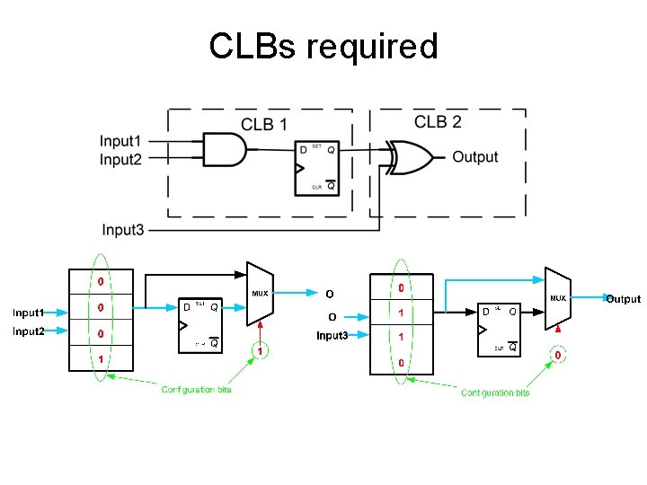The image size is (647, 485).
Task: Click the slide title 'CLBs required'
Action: click(323, 46)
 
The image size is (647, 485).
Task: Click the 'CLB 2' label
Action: click(438, 121)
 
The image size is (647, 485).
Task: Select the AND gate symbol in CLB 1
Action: click(225, 149)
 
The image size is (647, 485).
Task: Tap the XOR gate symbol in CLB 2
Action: click(411, 156)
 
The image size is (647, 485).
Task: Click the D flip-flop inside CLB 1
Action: click(317, 168)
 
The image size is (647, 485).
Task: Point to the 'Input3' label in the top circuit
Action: click(123, 230)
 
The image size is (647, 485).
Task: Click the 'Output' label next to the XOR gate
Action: click(474, 157)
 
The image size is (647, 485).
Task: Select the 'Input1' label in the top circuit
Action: click(120, 141)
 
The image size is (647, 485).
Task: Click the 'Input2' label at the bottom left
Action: click(28, 331)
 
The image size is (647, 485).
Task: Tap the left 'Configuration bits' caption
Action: click(196, 389)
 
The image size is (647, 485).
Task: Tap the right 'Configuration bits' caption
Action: click(495, 392)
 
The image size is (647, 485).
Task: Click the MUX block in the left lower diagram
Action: click(260, 293)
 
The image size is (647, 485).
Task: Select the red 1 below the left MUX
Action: click(260, 351)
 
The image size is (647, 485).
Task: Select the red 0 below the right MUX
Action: click(558, 356)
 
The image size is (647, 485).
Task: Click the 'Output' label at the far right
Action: click(623, 299)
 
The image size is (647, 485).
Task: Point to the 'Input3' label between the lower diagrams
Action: click(332, 336)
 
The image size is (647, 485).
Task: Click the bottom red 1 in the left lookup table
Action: click(101, 359)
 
